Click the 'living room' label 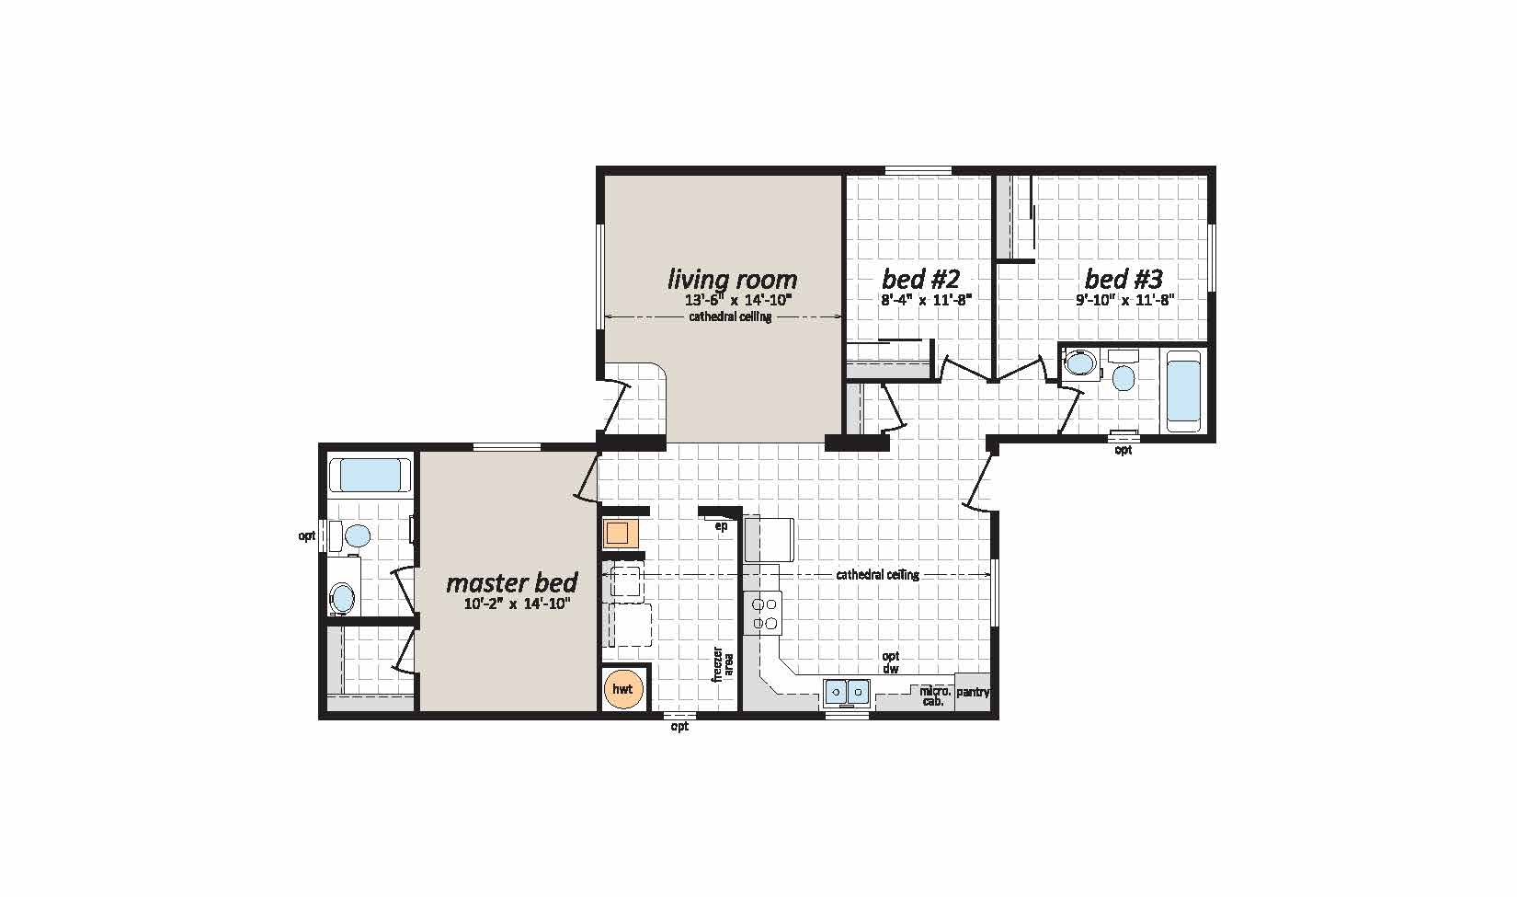732,279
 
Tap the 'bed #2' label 920,278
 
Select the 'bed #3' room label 1123,278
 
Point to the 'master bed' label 511,582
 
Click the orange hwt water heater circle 623,689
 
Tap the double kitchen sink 847,691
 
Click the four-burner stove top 766,614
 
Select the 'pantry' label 973,692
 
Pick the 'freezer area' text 723,662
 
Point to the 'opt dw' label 890,662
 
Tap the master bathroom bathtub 370,476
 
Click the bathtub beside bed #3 1184,390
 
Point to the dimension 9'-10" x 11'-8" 1125,299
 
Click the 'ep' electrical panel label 721,526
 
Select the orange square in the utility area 616,534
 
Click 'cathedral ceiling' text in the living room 730,317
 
